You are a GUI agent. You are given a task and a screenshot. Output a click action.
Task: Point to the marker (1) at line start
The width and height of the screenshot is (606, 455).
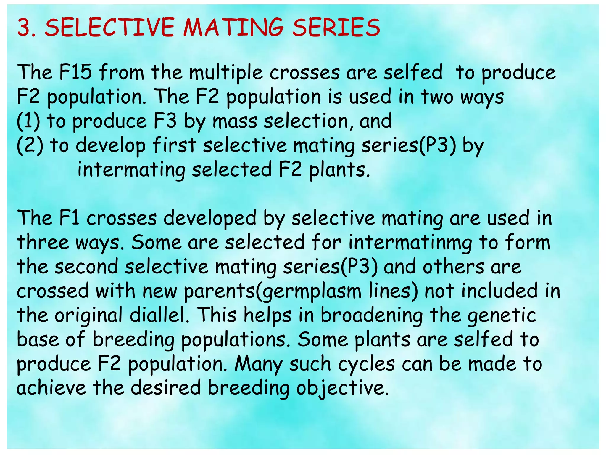click(28, 121)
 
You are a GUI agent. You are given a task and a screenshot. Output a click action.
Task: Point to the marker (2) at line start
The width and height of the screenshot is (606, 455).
click(30, 146)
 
